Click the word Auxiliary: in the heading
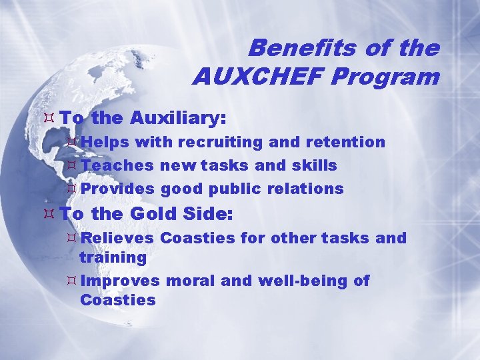tap(178, 119)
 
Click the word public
tap(233, 189)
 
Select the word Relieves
tap(118, 238)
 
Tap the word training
tap(113, 257)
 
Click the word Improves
tap(120, 281)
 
